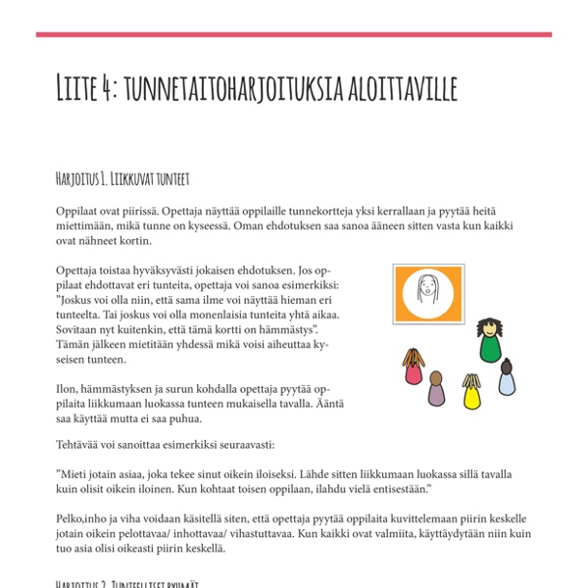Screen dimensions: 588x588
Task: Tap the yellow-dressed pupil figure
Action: point(472,393)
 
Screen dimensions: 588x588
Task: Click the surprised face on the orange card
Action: point(428,291)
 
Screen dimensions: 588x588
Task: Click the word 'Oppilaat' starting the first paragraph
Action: point(78,210)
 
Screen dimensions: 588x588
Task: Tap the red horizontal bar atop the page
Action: point(294,35)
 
